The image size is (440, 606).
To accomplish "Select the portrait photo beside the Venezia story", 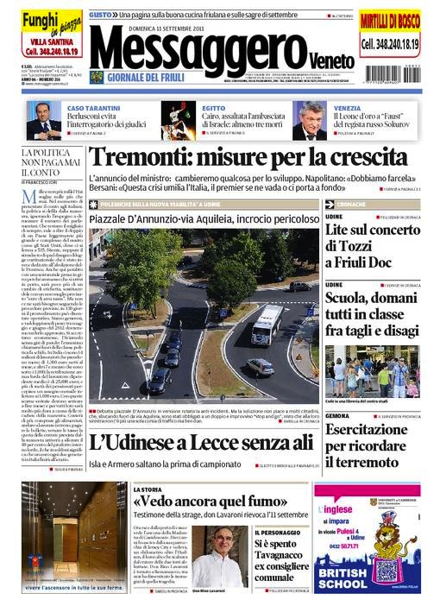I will coord(309,121).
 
